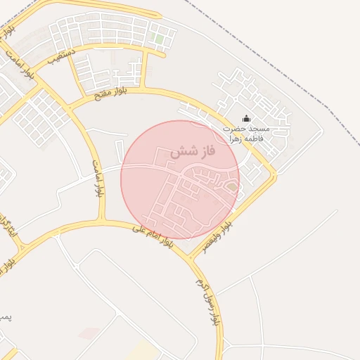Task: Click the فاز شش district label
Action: [192, 151]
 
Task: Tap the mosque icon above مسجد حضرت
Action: [246, 118]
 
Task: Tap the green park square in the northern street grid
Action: [160, 39]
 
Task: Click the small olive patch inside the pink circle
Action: [231, 186]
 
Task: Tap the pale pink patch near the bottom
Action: [88, 333]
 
